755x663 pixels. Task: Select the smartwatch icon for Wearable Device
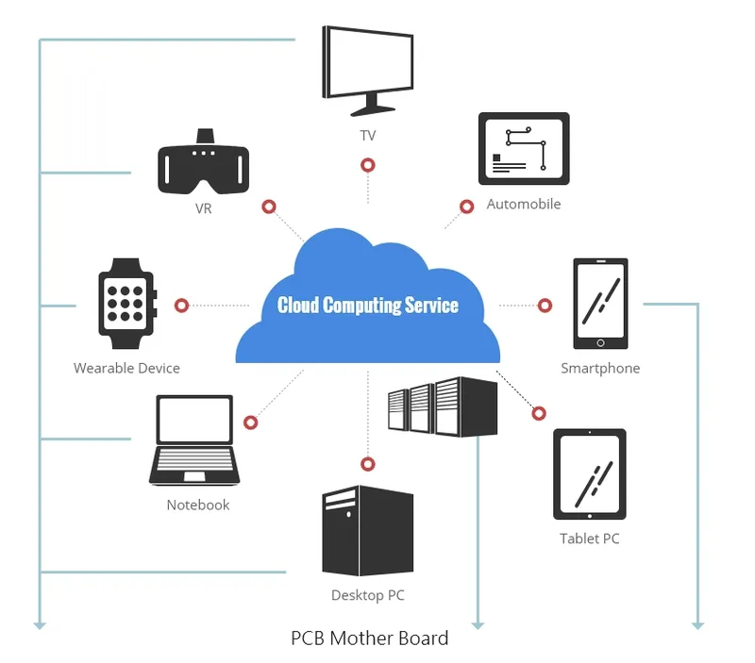point(126,297)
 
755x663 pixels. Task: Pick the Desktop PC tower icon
point(367,531)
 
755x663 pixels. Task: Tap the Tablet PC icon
point(590,474)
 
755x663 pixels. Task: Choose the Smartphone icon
point(600,304)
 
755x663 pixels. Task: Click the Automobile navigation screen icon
point(524,149)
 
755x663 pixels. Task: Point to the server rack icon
point(442,406)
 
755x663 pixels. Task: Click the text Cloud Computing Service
point(368,306)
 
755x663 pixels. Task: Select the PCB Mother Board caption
point(369,638)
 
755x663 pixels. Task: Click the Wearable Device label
point(126,368)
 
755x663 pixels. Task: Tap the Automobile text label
point(524,204)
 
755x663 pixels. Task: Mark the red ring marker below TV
point(368,165)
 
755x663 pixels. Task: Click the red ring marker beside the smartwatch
point(182,306)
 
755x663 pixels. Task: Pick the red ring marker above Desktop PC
point(368,464)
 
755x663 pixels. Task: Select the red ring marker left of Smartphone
point(545,306)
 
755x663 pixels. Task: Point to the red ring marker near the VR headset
point(269,207)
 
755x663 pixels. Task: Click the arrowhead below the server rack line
point(478,623)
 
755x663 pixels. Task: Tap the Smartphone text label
point(600,368)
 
